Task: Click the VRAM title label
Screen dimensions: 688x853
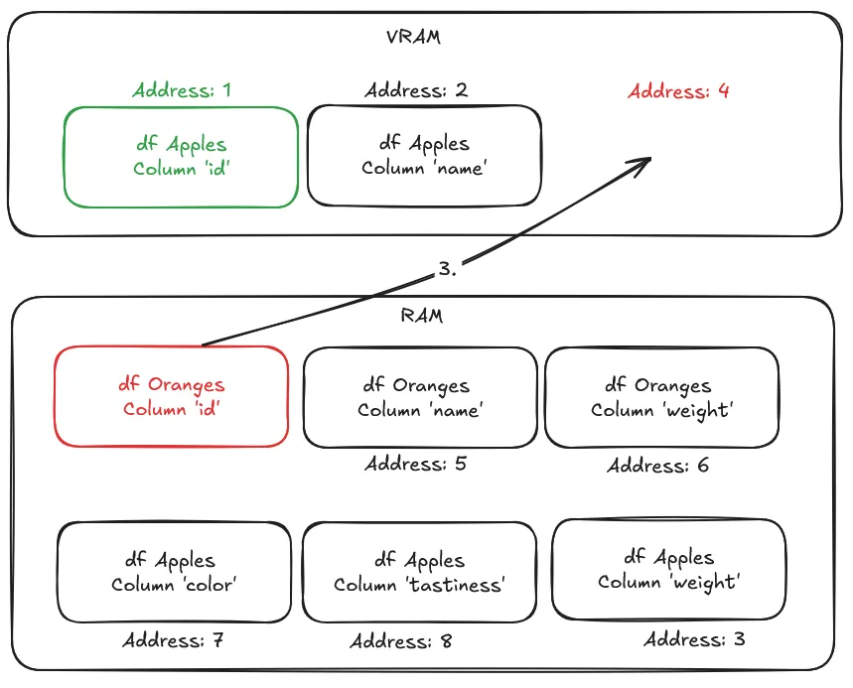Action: point(413,38)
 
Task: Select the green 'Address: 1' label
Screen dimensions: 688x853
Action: point(182,90)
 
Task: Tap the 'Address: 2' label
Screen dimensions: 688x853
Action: point(416,91)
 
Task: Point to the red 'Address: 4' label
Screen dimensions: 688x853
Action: point(679,91)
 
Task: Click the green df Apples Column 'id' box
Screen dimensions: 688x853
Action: point(181,157)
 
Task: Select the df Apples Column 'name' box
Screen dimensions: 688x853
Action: point(424,157)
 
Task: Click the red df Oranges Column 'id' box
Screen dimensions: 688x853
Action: point(171,396)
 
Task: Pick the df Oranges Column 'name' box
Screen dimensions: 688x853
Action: point(419,397)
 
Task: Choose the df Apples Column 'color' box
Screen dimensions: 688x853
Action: point(174,573)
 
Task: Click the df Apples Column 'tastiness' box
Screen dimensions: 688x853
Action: point(419,573)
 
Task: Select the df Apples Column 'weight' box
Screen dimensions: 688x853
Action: point(668,570)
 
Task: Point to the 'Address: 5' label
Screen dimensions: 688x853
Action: point(415,464)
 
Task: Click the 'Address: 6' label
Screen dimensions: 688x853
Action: point(658,466)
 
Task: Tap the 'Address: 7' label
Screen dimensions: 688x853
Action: point(173,640)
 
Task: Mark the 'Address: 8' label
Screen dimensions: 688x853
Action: point(401,641)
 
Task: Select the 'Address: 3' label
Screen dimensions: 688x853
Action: point(694,639)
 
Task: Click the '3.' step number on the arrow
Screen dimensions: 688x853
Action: point(447,269)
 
